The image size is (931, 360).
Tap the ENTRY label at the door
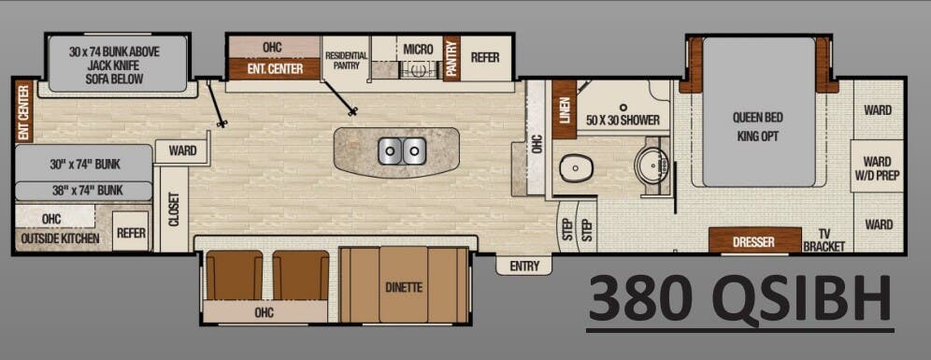point(524,266)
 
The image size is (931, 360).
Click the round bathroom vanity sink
point(648,166)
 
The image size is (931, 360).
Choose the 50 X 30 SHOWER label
point(623,121)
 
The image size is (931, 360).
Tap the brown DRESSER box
point(753,242)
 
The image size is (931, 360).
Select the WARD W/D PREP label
point(877,166)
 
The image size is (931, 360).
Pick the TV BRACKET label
point(824,240)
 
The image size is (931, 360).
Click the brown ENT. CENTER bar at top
point(273,68)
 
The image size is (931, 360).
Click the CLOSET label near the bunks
point(174,209)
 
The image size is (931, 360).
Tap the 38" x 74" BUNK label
point(84,191)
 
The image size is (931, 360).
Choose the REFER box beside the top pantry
point(484,57)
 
